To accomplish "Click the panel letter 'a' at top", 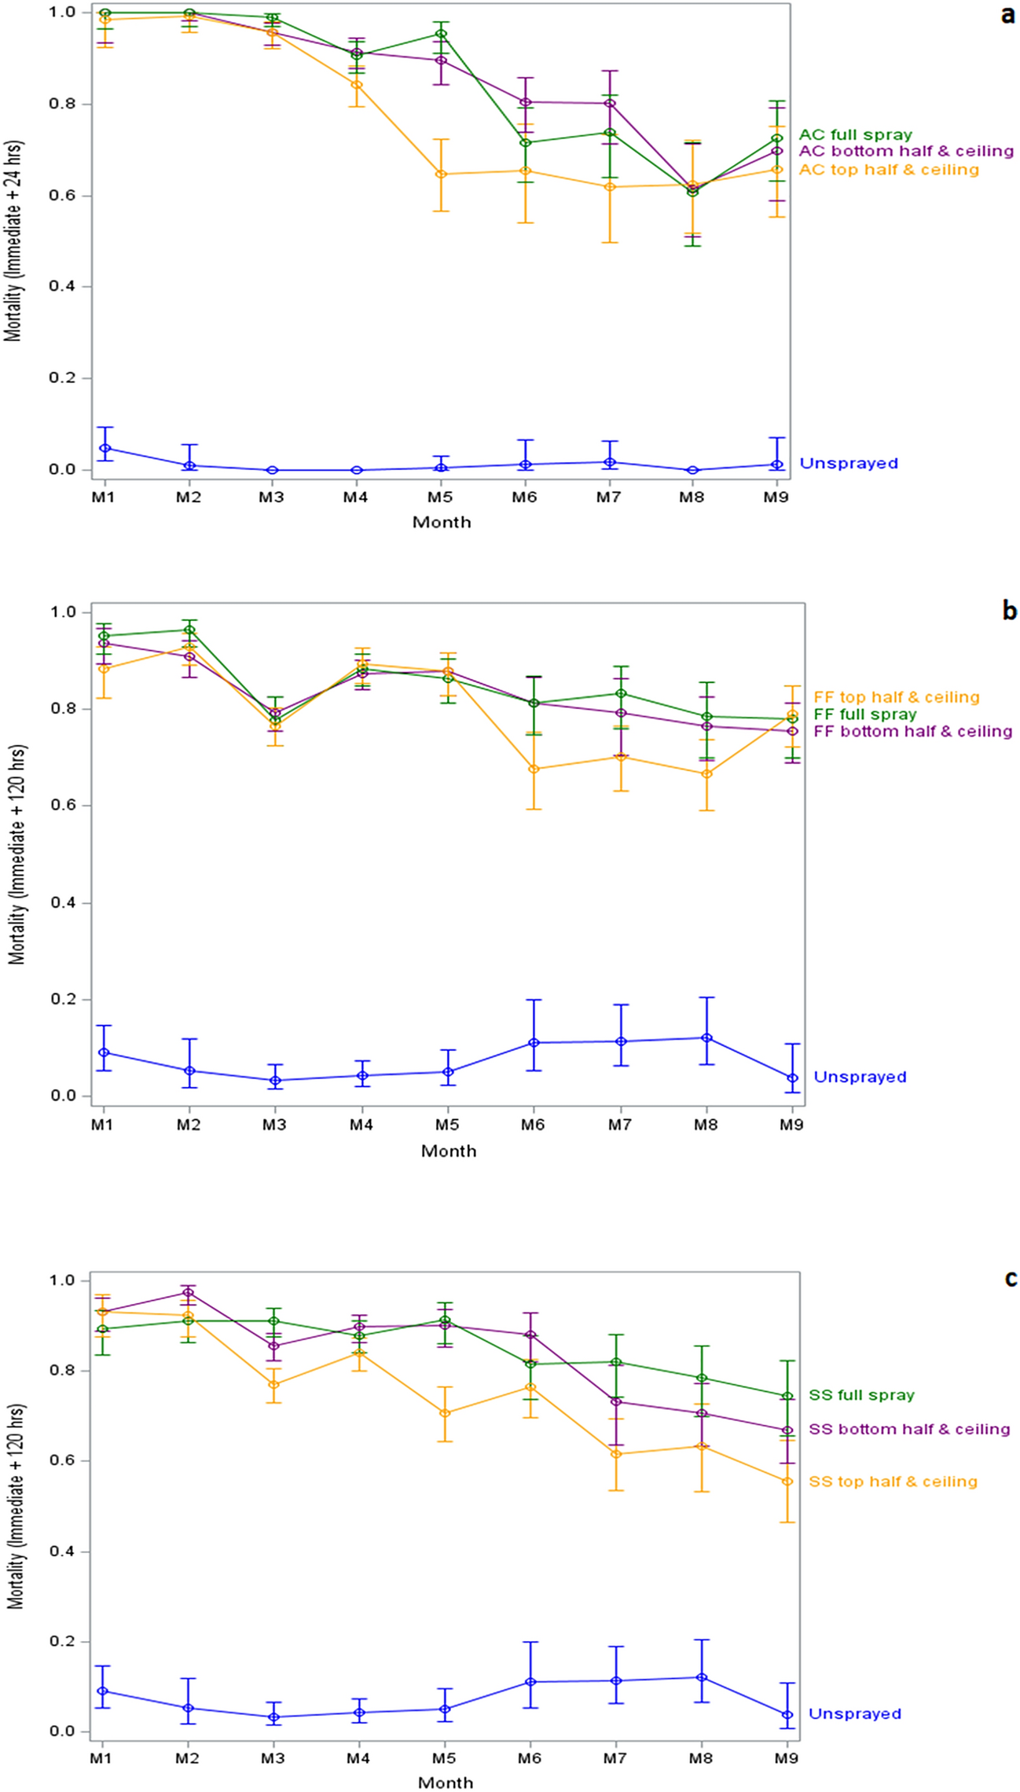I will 1007,14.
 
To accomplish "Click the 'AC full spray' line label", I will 856,135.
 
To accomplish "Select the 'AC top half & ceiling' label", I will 889,170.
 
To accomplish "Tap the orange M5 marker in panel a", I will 442,174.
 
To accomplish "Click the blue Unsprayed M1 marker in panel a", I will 105,448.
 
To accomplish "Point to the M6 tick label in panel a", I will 524,497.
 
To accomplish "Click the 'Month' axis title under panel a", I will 442,522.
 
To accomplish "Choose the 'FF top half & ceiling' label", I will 897,697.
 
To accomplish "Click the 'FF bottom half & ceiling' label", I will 912,732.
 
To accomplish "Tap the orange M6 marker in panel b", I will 534,769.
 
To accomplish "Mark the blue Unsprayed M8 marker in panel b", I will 706,1038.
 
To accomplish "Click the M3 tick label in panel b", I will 273,1125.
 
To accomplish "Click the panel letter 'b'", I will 1009,611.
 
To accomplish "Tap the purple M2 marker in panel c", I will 188,1293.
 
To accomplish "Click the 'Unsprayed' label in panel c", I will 854,1714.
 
